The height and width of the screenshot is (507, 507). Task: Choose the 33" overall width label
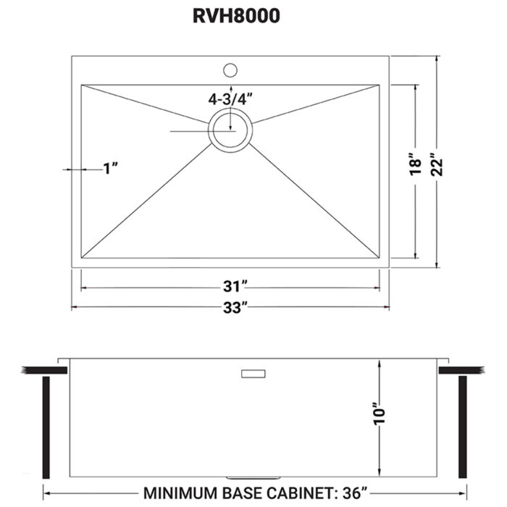coord(230,308)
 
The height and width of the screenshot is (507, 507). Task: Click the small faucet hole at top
coord(230,70)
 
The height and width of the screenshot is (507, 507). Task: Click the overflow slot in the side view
coord(253,373)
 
